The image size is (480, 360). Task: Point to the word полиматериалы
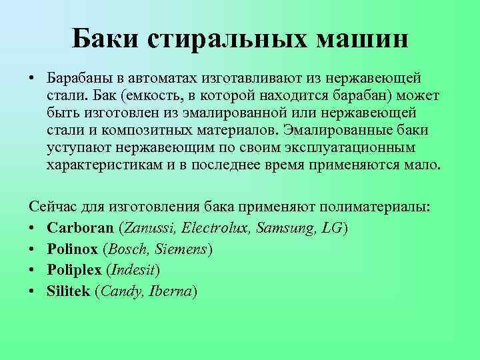tap(377, 209)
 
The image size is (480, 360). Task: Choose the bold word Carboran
tap(81, 227)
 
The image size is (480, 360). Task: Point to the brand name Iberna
tap(171, 291)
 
